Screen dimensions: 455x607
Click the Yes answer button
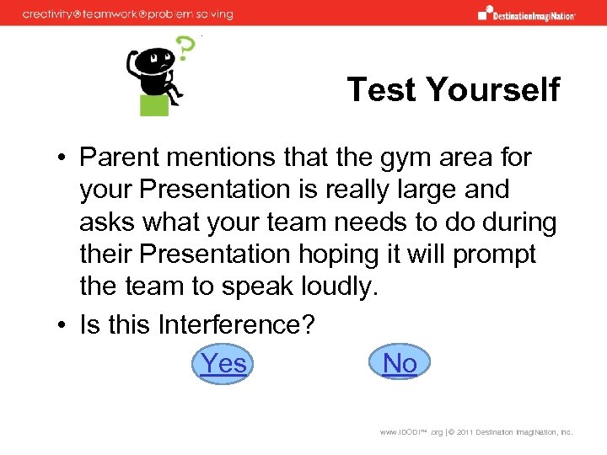[x=224, y=364]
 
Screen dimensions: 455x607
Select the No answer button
[x=400, y=363]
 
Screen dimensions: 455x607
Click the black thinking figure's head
[x=155, y=60]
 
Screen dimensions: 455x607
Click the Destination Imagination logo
[x=526, y=13]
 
